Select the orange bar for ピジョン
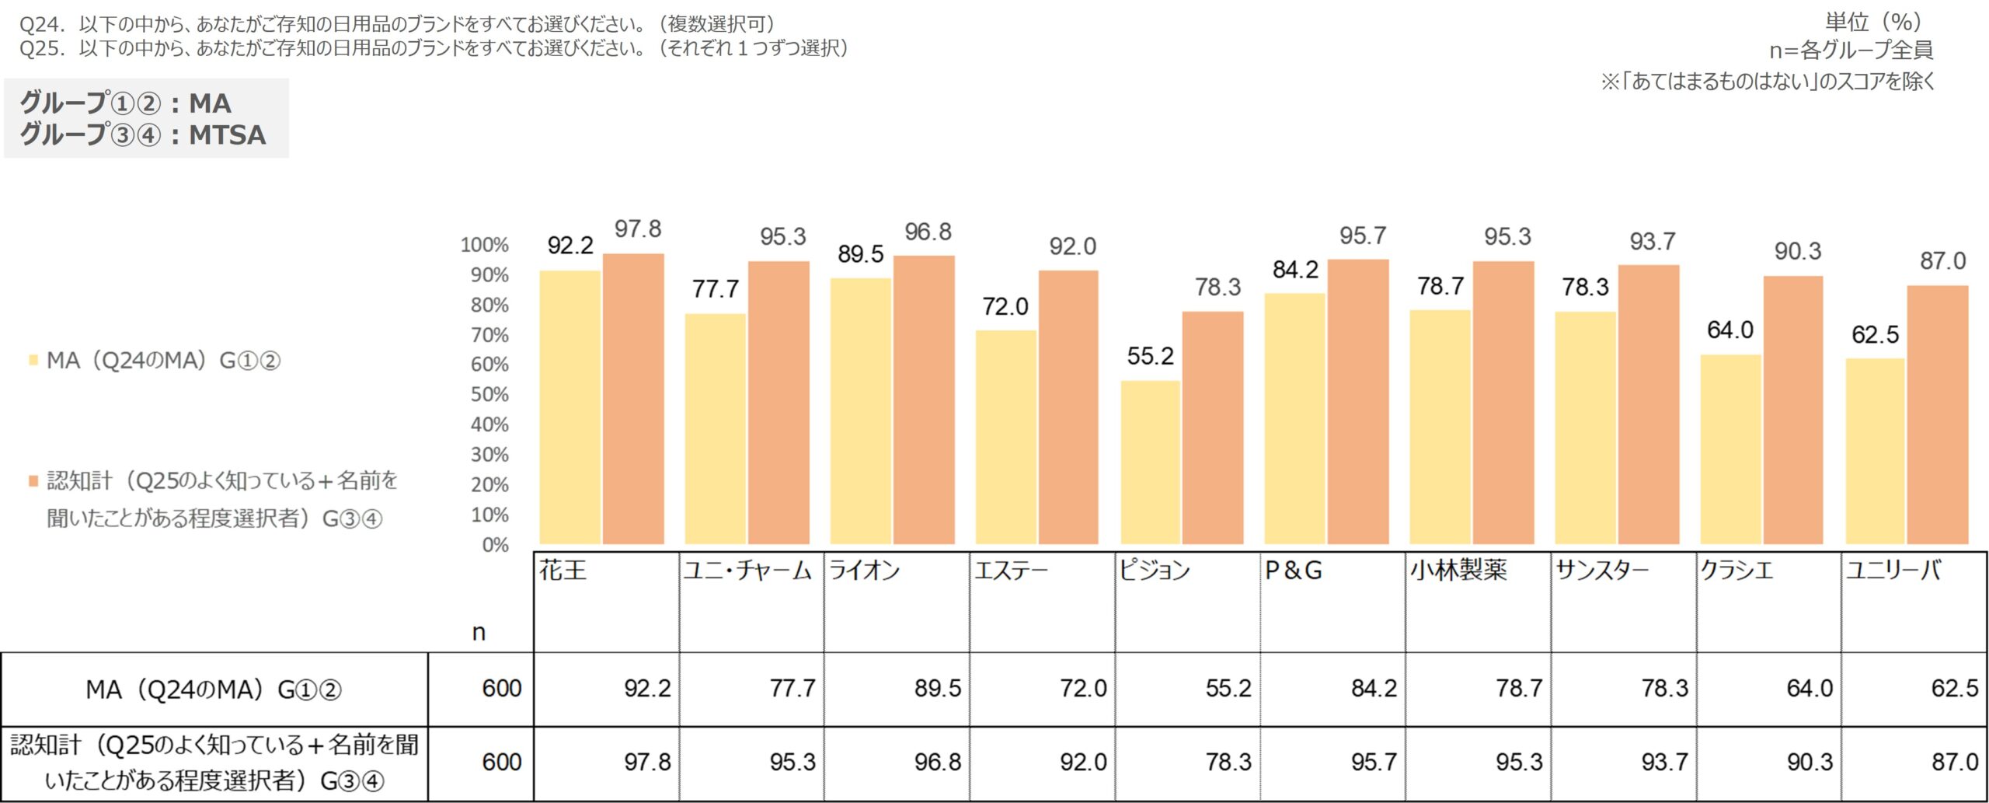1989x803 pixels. [1212, 428]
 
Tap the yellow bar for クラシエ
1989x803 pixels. [1730, 449]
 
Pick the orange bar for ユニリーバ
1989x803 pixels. [1937, 414]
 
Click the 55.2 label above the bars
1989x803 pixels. [1150, 356]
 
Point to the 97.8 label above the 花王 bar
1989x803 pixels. [638, 229]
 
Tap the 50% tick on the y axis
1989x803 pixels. [489, 395]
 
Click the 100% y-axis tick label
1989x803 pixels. [485, 245]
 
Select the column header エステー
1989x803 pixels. [1012, 571]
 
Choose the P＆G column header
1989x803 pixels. [1294, 571]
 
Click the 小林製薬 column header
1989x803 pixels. [1459, 571]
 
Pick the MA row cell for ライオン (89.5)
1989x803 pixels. [937, 688]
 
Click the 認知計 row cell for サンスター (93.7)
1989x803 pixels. [1664, 762]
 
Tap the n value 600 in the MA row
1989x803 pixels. [502, 688]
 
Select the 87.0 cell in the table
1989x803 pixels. [1955, 762]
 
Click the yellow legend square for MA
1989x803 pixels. [33, 360]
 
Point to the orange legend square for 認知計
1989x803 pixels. [33, 481]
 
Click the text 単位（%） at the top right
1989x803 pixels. [1873, 22]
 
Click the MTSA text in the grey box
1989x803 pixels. [228, 135]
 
